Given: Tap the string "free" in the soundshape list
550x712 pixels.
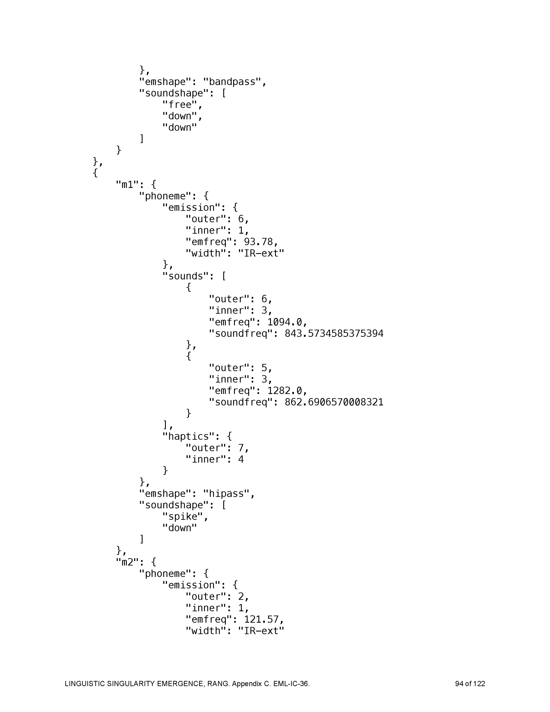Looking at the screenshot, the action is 180,104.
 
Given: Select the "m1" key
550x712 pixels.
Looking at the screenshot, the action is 127,185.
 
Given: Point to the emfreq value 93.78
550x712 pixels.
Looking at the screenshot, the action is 258,242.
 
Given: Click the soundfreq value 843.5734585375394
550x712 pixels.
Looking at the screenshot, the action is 334,334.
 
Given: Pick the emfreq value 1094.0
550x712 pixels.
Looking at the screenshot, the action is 284,322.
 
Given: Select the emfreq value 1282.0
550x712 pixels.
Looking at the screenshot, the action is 284,391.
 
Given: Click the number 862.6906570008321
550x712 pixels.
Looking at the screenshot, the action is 334,402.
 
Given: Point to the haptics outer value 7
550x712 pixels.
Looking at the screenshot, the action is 241,448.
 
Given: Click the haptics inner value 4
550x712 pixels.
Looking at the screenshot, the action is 241,459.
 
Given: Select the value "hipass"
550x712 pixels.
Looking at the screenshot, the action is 226,494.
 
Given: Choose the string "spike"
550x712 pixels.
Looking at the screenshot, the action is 182,516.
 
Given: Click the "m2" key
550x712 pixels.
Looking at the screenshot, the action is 127,562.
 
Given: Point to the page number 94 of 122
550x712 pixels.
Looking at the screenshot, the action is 470,684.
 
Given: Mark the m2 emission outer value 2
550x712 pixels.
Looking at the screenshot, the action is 241,597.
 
